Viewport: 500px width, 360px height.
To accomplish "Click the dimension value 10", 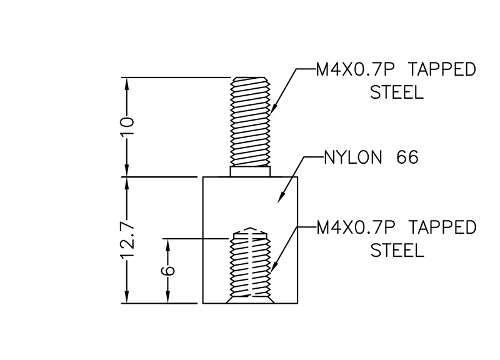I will (127, 127).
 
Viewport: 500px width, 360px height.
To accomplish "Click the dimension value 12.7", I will (127, 241).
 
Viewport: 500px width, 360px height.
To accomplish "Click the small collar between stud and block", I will (250, 171).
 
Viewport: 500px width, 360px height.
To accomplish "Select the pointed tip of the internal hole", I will (250, 229).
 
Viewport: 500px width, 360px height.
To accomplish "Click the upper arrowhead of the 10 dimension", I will (127, 82).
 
